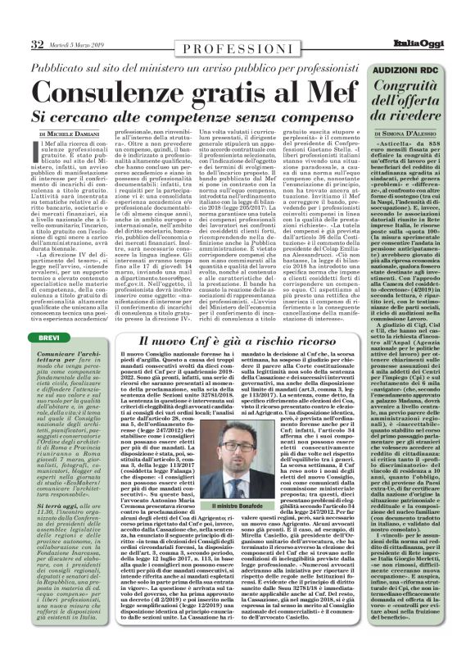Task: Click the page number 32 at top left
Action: (x=38, y=43)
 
